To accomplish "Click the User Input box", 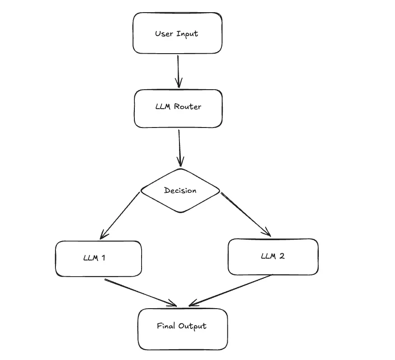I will pos(177,33).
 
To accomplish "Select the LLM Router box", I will pos(178,108).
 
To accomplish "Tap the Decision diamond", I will pos(180,190).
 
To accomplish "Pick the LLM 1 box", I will pos(98,258).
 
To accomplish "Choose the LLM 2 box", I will pos(273,256).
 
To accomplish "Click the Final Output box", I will pos(182,329).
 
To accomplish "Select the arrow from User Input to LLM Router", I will pos(178,70).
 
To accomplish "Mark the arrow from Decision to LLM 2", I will pos(246,214).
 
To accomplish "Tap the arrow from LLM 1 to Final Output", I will pos(140,292).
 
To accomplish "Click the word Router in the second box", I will pos(187,107).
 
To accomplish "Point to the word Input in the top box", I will pos(187,34).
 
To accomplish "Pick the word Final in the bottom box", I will pos(165,326).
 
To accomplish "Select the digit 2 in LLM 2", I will pos(282,256).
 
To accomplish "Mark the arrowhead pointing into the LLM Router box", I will pos(179,84).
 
